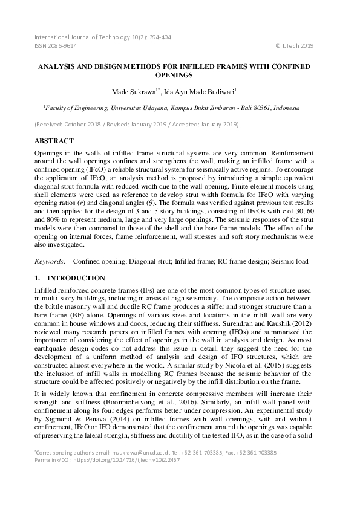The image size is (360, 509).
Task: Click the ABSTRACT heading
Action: (x=54, y=140)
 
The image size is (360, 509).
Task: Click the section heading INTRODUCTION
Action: (x=76, y=278)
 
